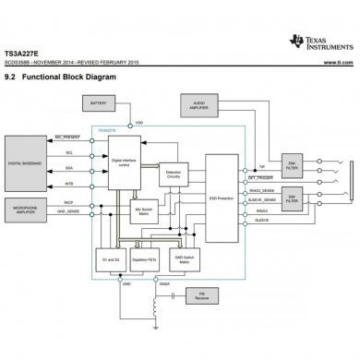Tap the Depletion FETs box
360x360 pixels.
click(x=143, y=260)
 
